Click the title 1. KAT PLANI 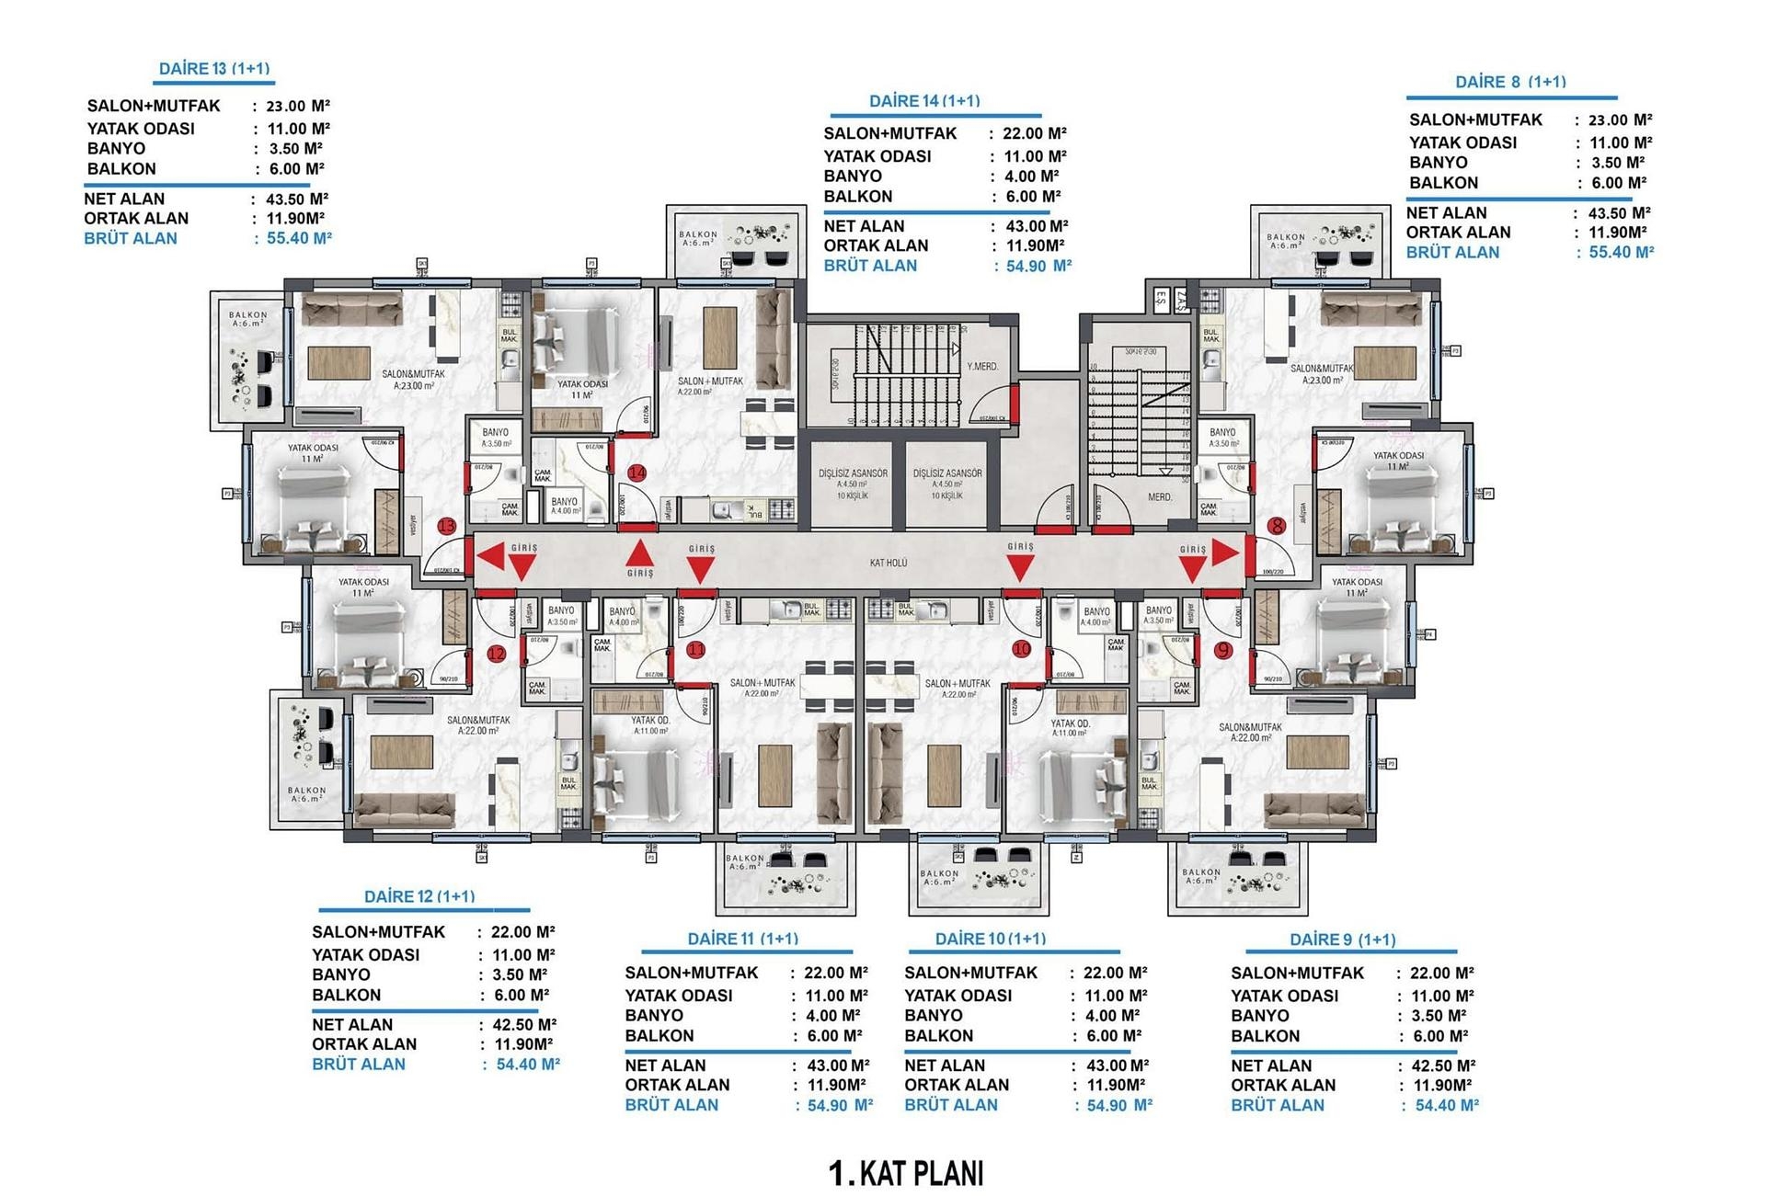[906, 1173]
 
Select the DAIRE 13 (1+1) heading [214, 69]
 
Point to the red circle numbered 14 [636, 473]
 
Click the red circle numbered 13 [447, 527]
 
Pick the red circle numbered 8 [1276, 527]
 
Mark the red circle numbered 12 [496, 655]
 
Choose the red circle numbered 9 [1222, 650]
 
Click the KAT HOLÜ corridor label [889, 563]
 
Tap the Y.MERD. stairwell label [982, 367]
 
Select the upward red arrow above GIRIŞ [640, 552]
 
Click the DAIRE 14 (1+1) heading [924, 101]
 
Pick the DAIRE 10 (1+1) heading [991, 939]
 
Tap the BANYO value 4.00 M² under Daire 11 [832, 1015]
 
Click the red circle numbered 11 [696, 649]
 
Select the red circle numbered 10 [1021, 649]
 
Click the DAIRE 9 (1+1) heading [1343, 940]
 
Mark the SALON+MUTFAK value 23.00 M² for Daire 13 [298, 106]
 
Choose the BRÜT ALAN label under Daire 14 [870, 266]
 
